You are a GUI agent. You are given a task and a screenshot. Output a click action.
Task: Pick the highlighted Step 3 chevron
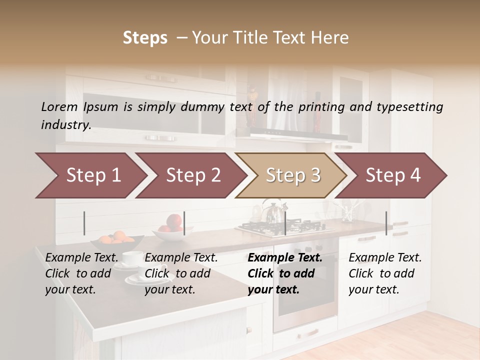coord(292,175)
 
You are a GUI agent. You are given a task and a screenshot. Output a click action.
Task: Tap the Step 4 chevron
coord(392,175)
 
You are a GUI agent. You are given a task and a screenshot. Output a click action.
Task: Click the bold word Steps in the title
coord(145,37)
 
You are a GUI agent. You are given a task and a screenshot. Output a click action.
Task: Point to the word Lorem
coord(59,106)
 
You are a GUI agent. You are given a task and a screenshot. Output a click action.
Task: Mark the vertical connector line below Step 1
coord(84,223)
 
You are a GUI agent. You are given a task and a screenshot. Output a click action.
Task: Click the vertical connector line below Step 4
coord(386,223)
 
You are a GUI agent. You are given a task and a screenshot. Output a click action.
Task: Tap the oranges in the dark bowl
coord(119,236)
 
